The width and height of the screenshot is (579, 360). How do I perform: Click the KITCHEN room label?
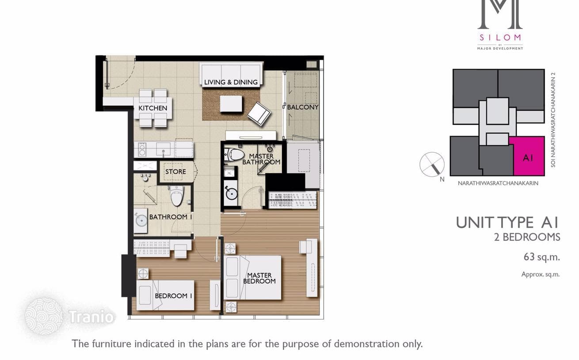[153, 108]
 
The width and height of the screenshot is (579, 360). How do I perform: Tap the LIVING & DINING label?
[231, 82]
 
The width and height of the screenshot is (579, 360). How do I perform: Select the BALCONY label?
[303, 107]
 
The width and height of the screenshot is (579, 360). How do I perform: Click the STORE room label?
[175, 172]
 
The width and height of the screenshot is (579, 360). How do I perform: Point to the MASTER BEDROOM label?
[259, 278]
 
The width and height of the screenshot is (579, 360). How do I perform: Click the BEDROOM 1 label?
[173, 295]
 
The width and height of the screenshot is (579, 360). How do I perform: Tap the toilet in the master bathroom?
[234, 155]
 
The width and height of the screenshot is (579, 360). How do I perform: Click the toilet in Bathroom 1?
[177, 195]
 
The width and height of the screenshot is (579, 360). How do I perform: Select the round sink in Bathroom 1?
[141, 221]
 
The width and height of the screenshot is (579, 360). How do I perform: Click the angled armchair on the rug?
[259, 114]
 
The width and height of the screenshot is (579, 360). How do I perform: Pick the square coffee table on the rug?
[231, 103]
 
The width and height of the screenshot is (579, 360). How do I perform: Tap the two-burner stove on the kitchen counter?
[142, 150]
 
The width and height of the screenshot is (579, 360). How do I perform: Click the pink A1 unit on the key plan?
[528, 157]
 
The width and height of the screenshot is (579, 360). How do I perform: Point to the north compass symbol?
[432, 165]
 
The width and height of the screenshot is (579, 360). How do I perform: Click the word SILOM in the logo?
[500, 38]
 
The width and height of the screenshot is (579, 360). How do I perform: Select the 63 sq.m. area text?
[541, 257]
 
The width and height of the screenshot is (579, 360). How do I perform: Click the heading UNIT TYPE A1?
[507, 222]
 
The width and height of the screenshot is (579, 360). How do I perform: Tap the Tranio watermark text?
[91, 317]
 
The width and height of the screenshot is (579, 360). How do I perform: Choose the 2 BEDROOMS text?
[527, 237]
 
